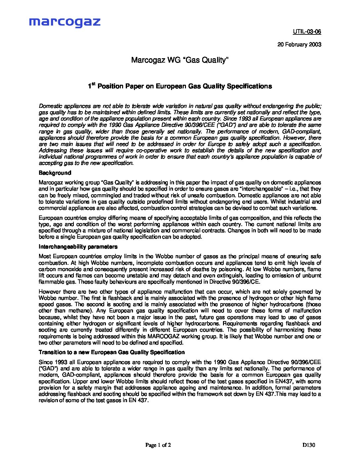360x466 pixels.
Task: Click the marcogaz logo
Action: (65, 22)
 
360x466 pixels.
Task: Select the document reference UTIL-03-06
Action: (307, 32)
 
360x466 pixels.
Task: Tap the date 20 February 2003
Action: (299, 44)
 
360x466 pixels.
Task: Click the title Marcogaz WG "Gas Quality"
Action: (180, 60)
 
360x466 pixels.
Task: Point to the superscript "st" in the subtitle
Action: (94, 84)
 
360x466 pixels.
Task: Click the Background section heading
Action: (55, 173)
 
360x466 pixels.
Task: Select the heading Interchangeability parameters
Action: (78, 247)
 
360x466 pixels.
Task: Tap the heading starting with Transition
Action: (112, 352)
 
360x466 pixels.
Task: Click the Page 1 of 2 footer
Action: (158, 445)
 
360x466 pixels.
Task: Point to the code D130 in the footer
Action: (309, 445)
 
